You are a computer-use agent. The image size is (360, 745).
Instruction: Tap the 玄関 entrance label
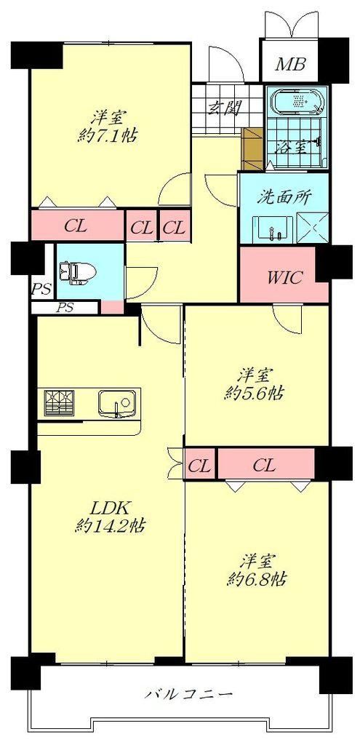pos(223,108)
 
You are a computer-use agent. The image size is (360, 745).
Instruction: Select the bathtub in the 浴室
pos(298,102)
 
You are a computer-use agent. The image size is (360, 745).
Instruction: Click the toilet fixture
pos(76,274)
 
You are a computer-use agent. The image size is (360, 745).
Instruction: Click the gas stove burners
pos(59,403)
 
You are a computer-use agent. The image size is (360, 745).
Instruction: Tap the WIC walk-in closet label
pos(284,277)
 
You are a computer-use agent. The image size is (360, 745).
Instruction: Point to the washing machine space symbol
pos(312,226)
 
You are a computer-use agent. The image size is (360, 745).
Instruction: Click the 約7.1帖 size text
pos(108,136)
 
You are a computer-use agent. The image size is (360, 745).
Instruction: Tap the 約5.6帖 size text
pos(254,394)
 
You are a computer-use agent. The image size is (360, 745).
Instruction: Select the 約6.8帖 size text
pos(257,578)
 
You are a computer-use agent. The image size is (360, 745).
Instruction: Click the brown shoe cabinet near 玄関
pos(252,148)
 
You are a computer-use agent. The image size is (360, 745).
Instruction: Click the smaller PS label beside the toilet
pos(41,290)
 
